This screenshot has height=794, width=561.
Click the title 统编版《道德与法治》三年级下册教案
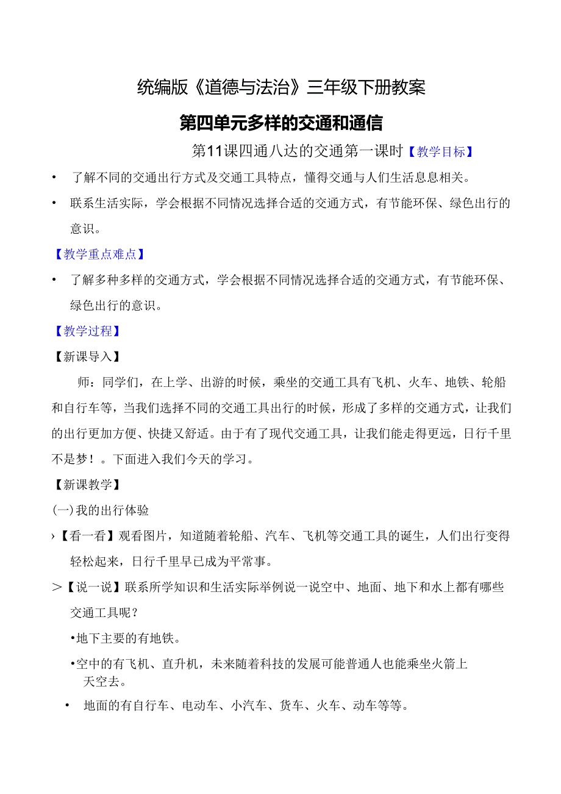tap(280, 88)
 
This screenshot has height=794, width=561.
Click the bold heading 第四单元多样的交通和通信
tap(280, 123)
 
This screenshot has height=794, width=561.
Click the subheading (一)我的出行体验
tap(101, 510)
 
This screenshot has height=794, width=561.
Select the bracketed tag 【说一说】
tap(97, 588)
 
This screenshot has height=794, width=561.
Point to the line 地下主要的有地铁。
tap(125, 639)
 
